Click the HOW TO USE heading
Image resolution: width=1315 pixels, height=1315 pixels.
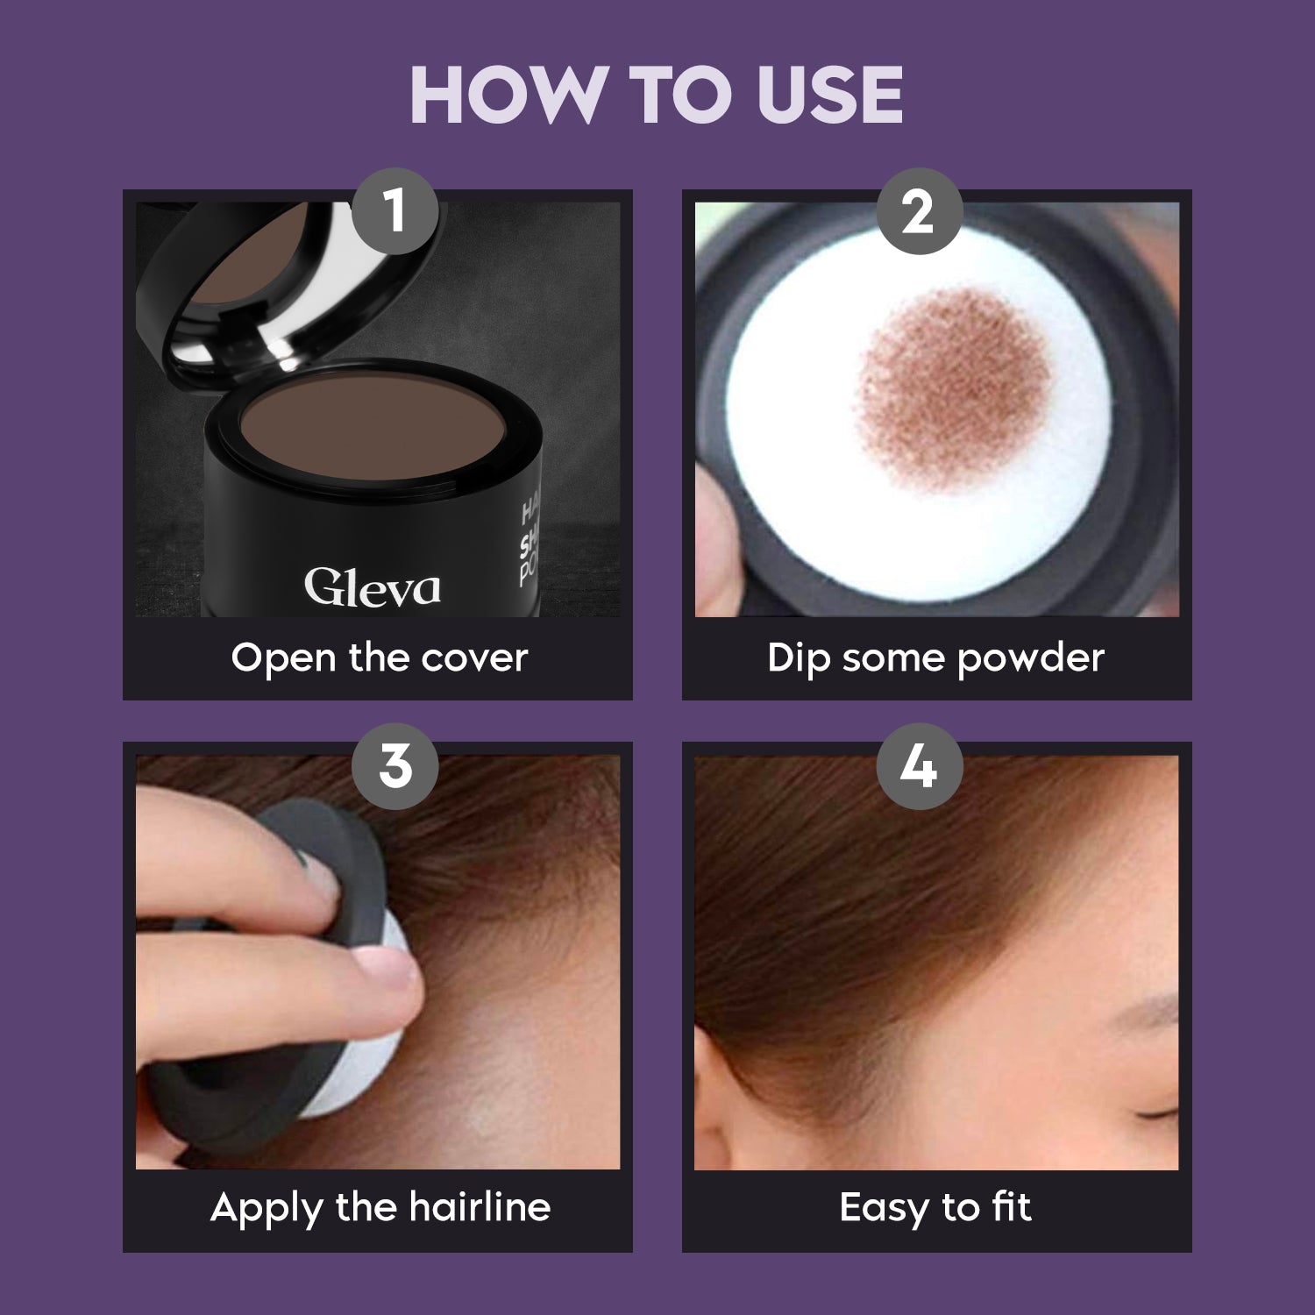[657, 95]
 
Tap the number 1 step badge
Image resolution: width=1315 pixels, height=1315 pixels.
[394, 211]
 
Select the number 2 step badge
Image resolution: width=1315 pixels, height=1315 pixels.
[918, 211]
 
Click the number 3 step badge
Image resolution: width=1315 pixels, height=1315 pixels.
[394, 765]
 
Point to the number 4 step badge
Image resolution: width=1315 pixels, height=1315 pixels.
[918, 765]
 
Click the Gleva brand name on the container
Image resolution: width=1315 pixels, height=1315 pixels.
[372, 587]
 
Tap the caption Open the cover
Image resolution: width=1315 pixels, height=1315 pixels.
[379, 657]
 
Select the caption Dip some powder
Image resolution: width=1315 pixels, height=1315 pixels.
[935, 657]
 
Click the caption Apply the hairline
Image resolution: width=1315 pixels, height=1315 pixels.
[380, 1207]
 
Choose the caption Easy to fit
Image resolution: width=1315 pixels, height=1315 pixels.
[935, 1207]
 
